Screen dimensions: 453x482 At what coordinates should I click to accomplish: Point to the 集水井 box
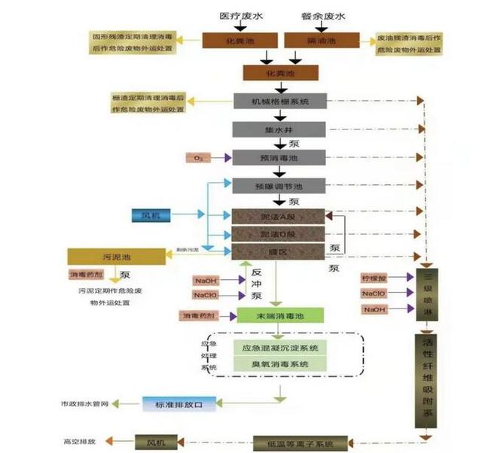pos(279,129)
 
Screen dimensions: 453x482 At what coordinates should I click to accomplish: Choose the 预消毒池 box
pos(279,157)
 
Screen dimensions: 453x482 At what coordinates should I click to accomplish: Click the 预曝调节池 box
pos(279,186)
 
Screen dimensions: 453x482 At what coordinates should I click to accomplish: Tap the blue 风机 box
pos(151,216)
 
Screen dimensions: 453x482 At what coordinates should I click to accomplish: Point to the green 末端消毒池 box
pos(279,315)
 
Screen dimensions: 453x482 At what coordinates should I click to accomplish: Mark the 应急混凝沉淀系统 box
pos(279,348)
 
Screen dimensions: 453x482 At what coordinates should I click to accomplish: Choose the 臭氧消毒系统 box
pos(279,364)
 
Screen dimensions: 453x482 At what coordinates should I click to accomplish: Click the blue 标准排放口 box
pos(178,405)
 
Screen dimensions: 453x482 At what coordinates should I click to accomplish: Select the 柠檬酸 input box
pos(374,278)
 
